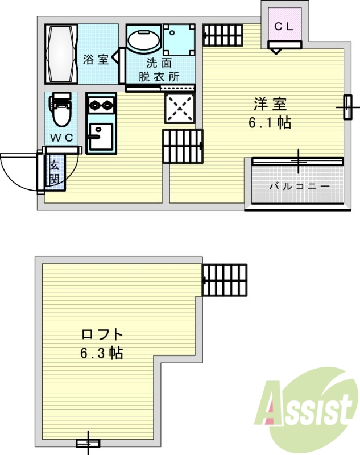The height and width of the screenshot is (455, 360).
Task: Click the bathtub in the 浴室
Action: [61, 54]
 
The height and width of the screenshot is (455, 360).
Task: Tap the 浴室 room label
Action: [95, 59]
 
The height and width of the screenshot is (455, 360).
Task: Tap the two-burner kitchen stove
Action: [101, 105]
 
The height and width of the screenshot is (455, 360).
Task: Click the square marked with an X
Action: [180, 107]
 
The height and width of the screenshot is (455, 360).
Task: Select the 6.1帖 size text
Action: [270, 122]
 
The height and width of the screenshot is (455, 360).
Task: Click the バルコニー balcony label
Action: [299, 186]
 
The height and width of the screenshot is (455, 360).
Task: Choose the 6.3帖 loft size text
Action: [101, 353]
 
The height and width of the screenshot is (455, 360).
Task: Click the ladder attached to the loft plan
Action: [225, 280]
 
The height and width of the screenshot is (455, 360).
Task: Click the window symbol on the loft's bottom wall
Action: [88, 442]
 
